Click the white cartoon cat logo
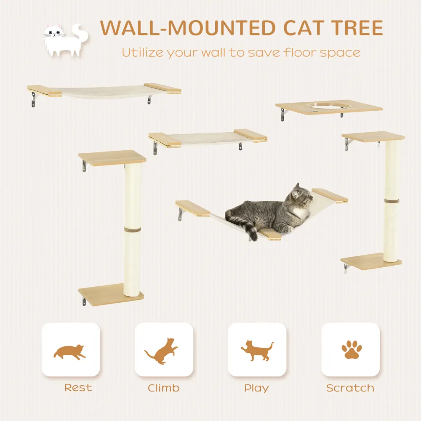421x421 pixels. point(65,40)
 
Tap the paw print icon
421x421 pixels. point(350,350)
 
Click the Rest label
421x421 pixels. point(78,388)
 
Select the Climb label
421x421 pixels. point(163,388)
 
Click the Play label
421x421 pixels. point(256,388)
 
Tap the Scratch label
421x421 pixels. point(350,388)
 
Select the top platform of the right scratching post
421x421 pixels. point(373,137)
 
